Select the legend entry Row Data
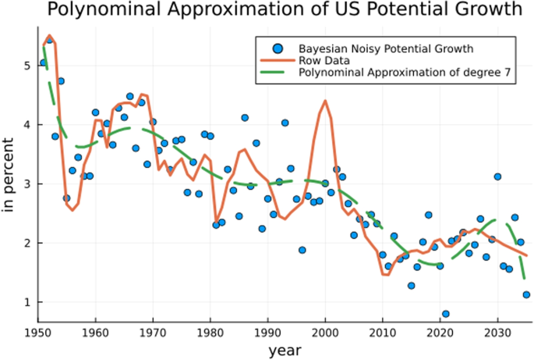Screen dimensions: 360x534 [x=321, y=62]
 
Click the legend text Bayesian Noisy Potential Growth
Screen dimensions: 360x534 [x=386, y=48]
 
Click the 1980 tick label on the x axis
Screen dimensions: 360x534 [x=210, y=331]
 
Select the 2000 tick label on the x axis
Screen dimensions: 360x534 [x=325, y=331]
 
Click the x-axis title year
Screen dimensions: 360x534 [x=285, y=351]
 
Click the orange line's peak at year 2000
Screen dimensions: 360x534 [x=325, y=101]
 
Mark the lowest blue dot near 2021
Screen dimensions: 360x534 [x=446, y=314]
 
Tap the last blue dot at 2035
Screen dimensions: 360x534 [x=526, y=295]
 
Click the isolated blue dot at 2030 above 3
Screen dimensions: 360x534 [x=497, y=177]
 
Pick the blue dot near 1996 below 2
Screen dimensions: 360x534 [x=302, y=250]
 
